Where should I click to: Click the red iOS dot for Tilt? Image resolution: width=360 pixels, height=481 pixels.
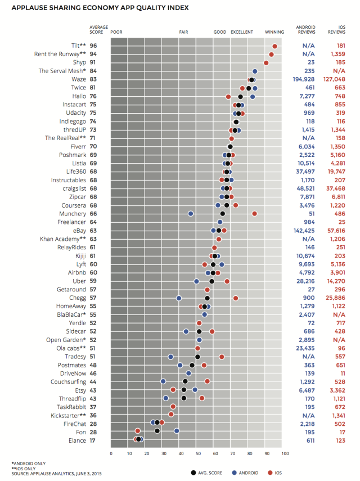click(x=274, y=46)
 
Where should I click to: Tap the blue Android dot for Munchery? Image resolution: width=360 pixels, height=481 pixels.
click(x=191, y=214)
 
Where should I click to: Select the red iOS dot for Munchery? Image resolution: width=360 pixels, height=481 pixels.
click(x=255, y=214)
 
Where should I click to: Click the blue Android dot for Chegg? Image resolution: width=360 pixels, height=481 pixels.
click(x=179, y=298)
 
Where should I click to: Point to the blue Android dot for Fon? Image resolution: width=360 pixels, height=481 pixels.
click(x=177, y=431)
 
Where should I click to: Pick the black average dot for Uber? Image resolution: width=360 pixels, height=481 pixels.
click(x=211, y=281)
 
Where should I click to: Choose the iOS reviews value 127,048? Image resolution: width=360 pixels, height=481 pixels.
click(x=337, y=79)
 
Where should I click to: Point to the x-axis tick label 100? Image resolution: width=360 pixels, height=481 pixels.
click(x=285, y=453)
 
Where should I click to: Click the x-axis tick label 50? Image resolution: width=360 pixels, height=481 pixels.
click(x=198, y=453)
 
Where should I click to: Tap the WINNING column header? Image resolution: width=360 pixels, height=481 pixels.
click(x=274, y=32)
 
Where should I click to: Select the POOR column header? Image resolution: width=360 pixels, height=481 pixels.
click(x=116, y=32)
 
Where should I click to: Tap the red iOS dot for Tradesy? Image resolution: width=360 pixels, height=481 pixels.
click(x=222, y=357)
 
